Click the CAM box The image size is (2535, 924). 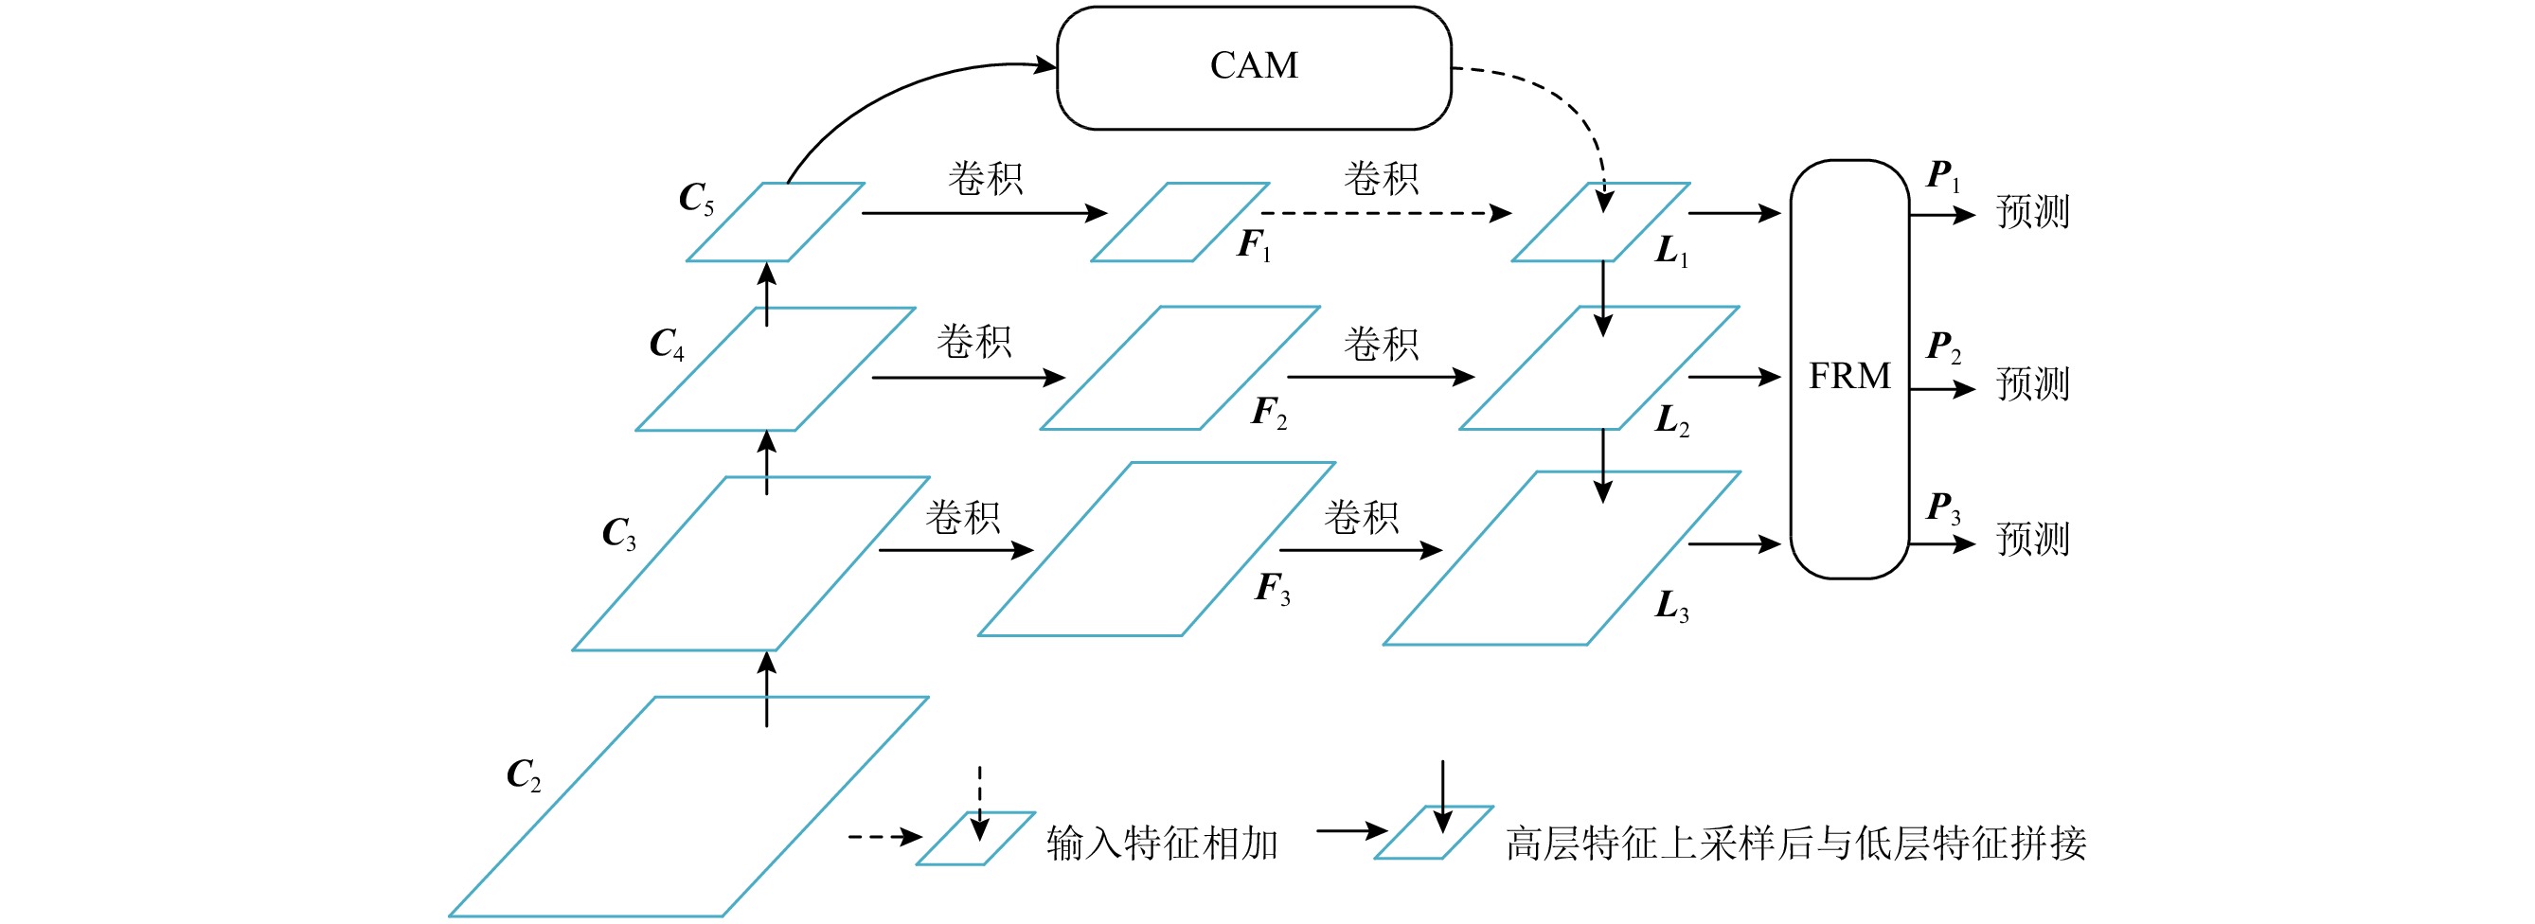(1253, 67)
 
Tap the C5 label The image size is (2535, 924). (696, 198)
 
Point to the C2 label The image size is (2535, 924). (524, 774)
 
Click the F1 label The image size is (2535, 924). (1254, 245)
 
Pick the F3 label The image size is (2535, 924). (1273, 589)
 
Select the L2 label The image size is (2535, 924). (1672, 421)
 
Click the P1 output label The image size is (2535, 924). (1942, 176)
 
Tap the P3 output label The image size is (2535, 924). (1942, 507)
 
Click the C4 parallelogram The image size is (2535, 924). (776, 369)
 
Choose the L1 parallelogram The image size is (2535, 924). (1600, 222)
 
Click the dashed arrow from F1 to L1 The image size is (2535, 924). (1385, 213)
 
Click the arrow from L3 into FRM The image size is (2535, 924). (1734, 543)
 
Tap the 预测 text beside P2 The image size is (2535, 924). (2032, 383)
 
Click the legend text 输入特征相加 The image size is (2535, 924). (1161, 844)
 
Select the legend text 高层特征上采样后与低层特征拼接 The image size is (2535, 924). (1795, 844)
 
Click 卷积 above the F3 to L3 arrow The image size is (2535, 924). (1360, 518)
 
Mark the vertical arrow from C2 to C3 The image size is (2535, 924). (767, 689)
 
